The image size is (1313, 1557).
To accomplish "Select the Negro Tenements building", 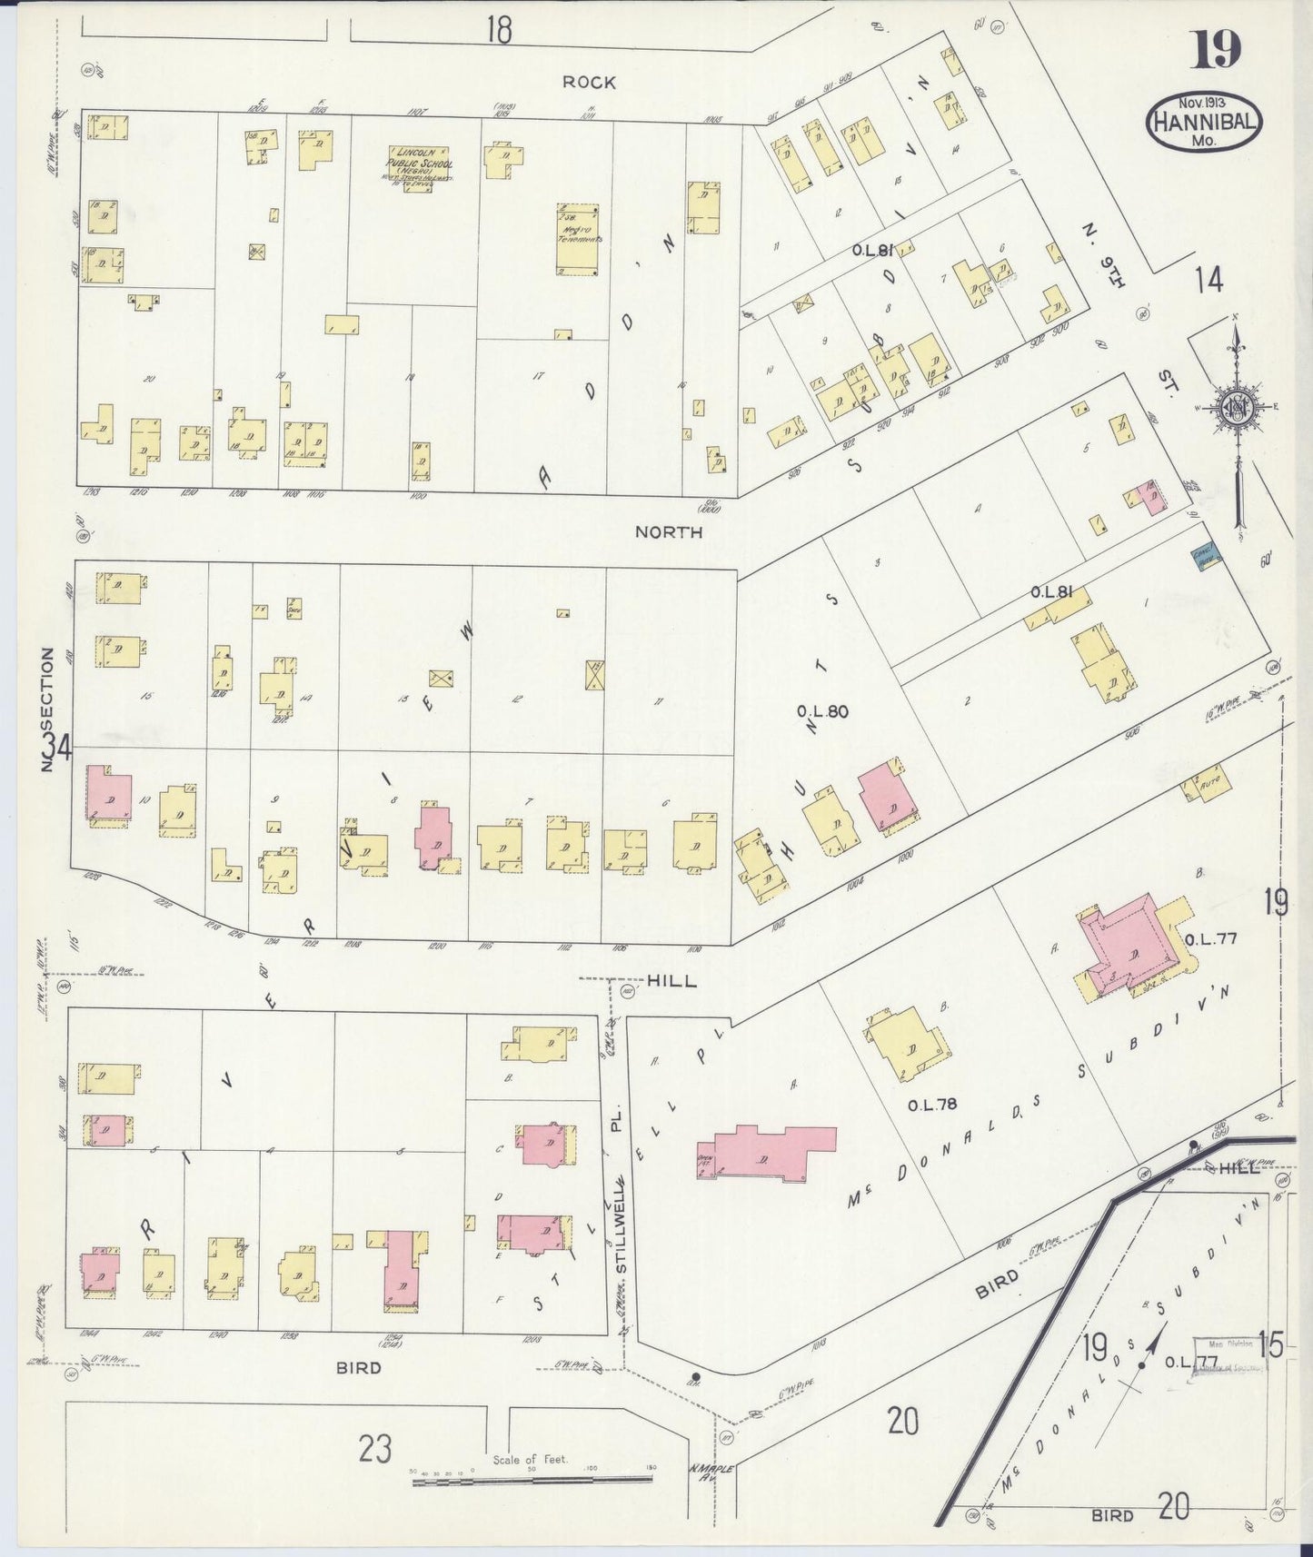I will coord(577,239).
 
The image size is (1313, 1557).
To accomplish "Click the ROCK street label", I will coord(589,83).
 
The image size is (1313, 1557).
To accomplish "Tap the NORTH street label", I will coord(669,532).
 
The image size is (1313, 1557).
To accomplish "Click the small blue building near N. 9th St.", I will coord(1205,561).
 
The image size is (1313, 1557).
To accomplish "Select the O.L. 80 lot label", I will coord(822,711).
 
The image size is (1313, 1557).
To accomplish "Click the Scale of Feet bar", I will coord(532,1480).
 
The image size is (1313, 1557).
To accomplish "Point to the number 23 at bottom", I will coord(374,1449).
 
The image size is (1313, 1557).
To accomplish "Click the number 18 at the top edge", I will coord(498,30).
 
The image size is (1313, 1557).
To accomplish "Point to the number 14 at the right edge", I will coord(1209,281).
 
